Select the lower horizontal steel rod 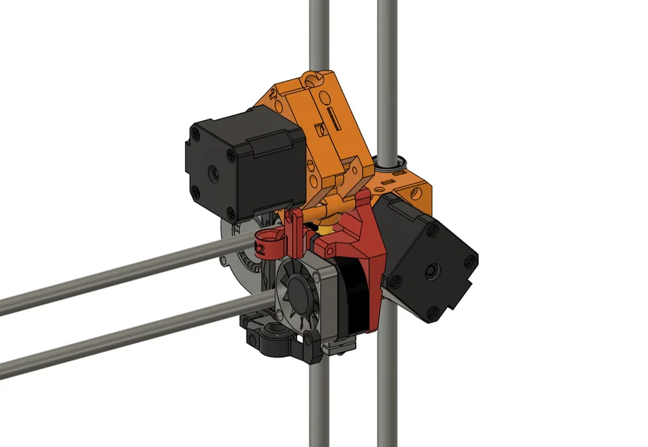coord(107,337)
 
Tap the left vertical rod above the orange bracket coord(315,36)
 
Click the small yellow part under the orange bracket coord(326,227)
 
